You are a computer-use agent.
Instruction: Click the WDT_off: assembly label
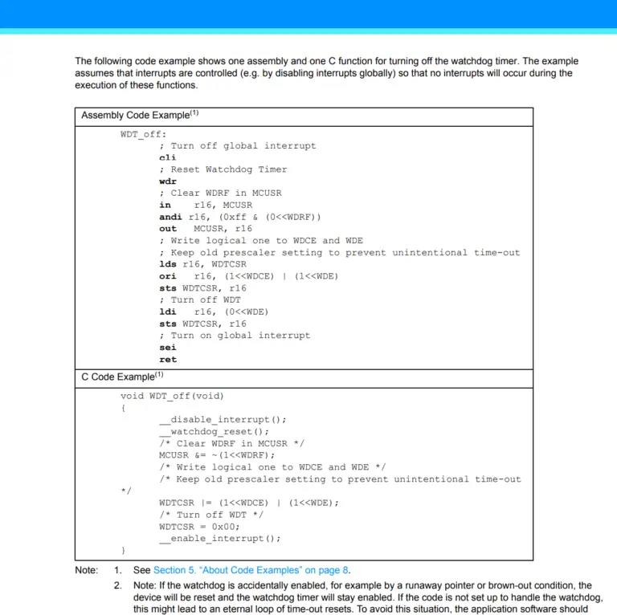(x=144, y=134)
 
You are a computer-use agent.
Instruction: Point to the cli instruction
(x=167, y=157)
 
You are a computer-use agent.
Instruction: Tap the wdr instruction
(x=167, y=181)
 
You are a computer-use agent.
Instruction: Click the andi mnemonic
(x=170, y=217)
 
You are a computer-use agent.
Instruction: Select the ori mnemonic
(x=167, y=276)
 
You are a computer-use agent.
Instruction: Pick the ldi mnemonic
(x=167, y=312)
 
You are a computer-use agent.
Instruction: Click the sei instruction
(x=167, y=348)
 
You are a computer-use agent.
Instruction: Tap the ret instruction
(x=167, y=360)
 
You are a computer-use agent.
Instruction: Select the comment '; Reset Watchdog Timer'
(x=223, y=169)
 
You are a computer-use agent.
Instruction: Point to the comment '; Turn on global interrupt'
(x=234, y=336)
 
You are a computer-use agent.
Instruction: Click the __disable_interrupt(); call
(x=223, y=419)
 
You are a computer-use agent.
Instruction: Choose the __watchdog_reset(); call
(x=214, y=431)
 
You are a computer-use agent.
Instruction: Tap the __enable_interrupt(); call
(x=220, y=539)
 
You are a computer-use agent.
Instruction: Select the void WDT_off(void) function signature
(x=173, y=396)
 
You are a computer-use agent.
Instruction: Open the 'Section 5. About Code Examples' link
(x=251, y=570)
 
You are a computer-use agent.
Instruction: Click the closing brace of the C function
(x=124, y=551)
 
